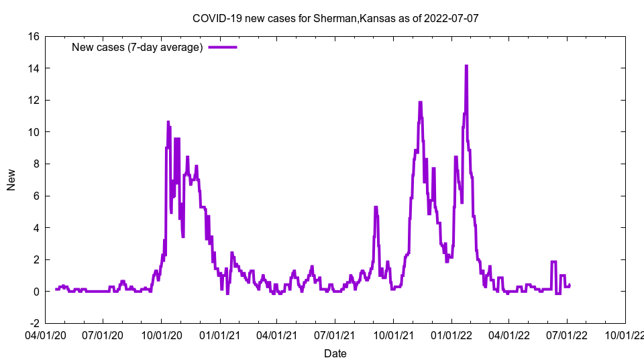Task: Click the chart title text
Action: [x=335, y=18]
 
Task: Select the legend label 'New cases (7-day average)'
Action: [x=137, y=47]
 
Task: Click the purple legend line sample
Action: [x=223, y=47]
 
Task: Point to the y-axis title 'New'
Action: [x=11, y=180]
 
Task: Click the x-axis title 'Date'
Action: [x=335, y=353]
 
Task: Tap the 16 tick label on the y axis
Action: [x=32, y=36]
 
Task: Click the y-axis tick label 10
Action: [x=32, y=132]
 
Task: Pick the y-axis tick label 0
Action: [x=35, y=292]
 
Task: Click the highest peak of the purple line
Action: [x=466, y=66]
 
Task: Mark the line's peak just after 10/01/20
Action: [x=168, y=122]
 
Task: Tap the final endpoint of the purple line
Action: [x=570, y=285]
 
